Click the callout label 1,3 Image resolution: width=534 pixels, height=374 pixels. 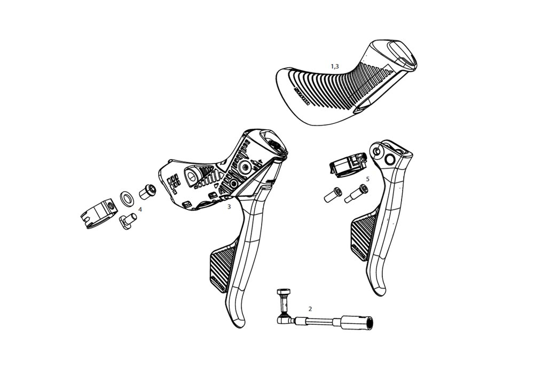tap(335, 66)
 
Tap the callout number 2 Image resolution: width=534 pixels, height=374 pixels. tap(310, 309)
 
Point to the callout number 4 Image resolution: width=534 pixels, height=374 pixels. tap(140, 209)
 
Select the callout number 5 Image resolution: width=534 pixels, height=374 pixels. tap(367, 179)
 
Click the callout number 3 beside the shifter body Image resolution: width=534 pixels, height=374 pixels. tap(229, 206)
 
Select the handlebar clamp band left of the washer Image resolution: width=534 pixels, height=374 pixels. tap(99, 214)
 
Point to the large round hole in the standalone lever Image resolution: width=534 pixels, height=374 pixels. tap(389, 159)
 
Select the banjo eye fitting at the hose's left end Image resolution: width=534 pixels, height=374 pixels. tap(282, 319)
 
